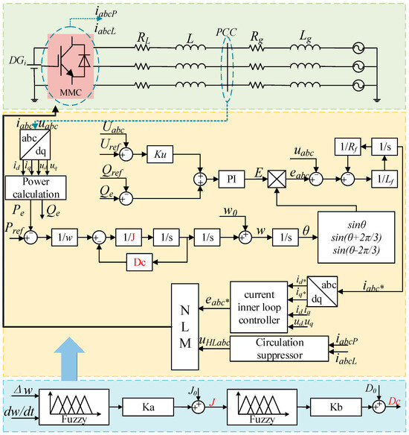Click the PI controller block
(x=229, y=179)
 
